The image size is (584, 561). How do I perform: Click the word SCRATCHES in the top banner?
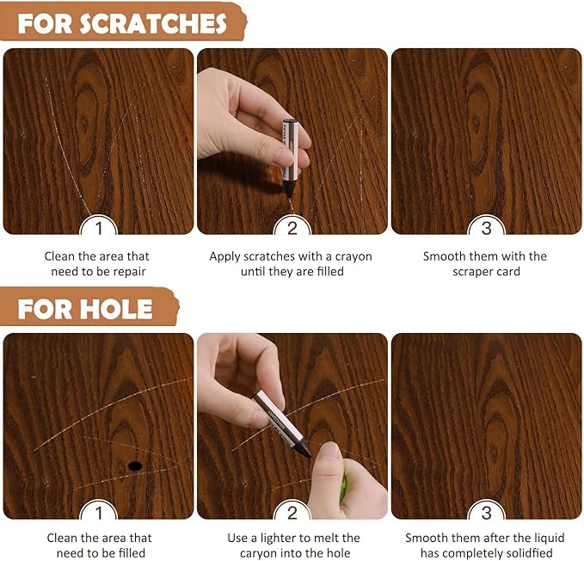tap(153, 23)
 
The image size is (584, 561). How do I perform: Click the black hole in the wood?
tap(135, 465)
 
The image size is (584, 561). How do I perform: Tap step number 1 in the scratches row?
tap(99, 228)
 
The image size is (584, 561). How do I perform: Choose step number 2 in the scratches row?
tap(292, 228)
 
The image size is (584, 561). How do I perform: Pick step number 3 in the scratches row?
tap(487, 228)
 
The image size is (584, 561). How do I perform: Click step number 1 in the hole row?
tap(99, 513)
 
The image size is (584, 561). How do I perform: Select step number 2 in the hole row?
tap(292, 513)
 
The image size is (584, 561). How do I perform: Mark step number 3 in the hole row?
tap(487, 513)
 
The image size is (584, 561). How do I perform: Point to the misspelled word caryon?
tap(260, 554)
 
